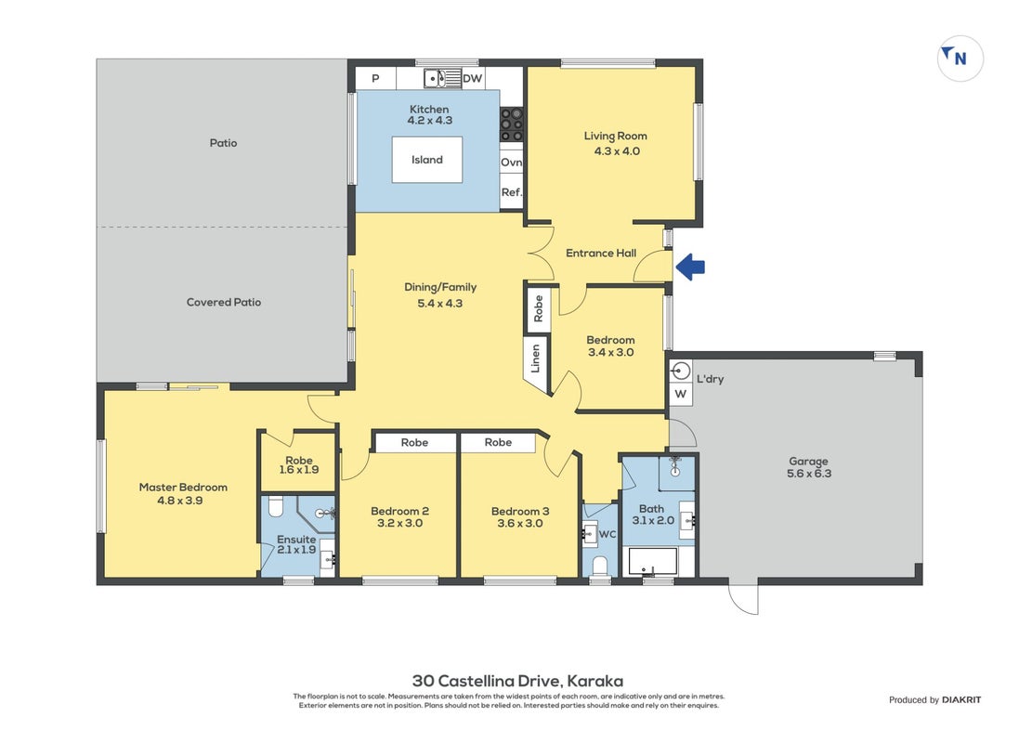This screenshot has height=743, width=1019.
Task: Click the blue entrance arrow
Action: pyautogui.click(x=690, y=267)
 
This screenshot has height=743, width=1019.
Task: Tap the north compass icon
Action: pyautogui.click(x=960, y=58)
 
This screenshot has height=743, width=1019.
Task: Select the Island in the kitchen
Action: pyautogui.click(x=427, y=159)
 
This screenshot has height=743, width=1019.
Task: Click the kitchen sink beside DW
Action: pyautogui.click(x=436, y=79)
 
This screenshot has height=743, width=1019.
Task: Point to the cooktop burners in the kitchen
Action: pyautogui.click(x=512, y=124)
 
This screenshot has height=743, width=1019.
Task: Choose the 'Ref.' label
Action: pyautogui.click(x=512, y=192)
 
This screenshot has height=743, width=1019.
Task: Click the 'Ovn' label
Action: pyautogui.click(x=512, y=162)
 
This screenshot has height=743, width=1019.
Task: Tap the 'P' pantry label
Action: pyautogui.click(x=375, y=79)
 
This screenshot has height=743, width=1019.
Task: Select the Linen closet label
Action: pyautogui.click(x=535, y=358)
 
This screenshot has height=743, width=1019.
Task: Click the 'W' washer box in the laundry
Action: pyautogui.click(x=680, y=394)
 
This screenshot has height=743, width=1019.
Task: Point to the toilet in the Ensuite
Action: pyautogui.click(x=276, y=506)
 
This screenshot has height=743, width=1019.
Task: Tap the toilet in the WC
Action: pyautogui.click(x=600, y=566)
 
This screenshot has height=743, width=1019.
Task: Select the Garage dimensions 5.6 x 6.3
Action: pyautogui.click(x=809, y=474)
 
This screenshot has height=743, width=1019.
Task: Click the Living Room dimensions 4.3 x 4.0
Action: pyautogui.click(x=617, y=150)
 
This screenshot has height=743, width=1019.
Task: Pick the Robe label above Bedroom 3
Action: pyautogui.click(x=498, y=442)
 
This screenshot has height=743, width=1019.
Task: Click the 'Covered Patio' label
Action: pyautogui.click(x=224, y=302)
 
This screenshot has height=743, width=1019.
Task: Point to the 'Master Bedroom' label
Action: pyautogui.click(x=183, y=487)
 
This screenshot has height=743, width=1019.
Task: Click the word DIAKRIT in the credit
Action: pyautogui.click(x=961, y=699)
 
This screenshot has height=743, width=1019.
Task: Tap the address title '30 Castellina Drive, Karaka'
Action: pyautogui.click(x=517, y=681)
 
